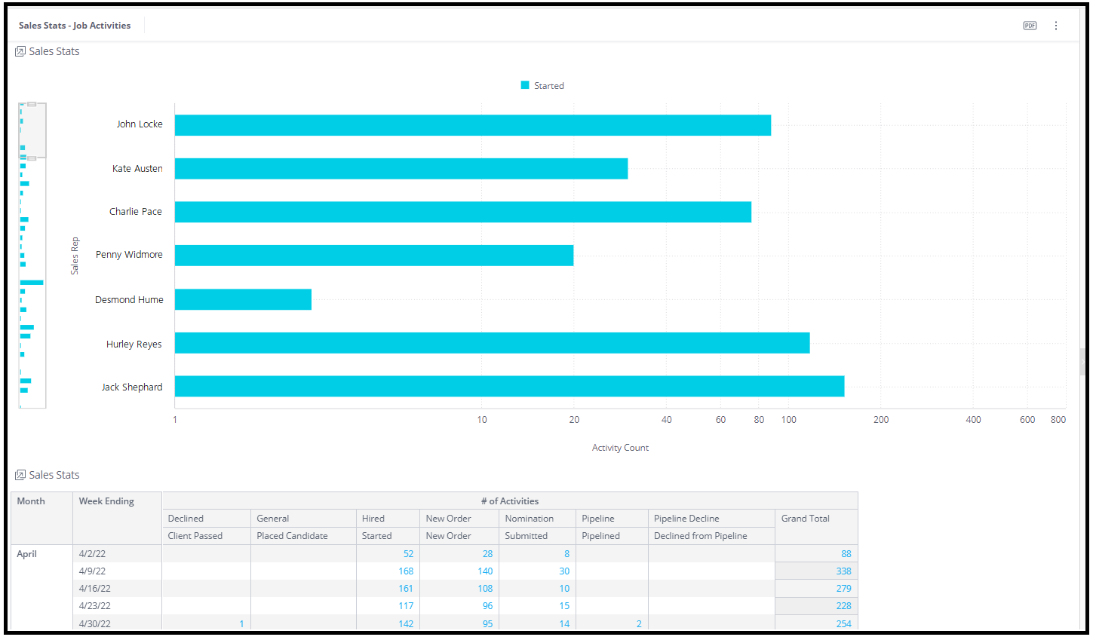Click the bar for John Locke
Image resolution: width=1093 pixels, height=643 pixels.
[473, 125]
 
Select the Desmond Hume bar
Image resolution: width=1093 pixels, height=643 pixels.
[243, 299]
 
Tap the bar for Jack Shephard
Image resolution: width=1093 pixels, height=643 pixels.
[509, 386]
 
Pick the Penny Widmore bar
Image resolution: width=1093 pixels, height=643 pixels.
[374, 256]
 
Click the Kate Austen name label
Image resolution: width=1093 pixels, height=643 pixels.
[137, 169]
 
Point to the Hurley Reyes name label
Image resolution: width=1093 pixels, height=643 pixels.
[134, 344]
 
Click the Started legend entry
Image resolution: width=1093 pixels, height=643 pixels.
[542, 86]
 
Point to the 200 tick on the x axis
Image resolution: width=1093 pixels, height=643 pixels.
[881, 420]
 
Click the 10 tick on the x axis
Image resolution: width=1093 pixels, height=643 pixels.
[481, 420]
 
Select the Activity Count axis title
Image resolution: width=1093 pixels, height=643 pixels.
[620, 448]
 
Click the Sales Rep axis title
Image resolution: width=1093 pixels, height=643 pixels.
[75, 256]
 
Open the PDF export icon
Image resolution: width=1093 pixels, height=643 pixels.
[1030, 26]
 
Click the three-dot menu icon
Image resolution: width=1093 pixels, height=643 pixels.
[1056, 26]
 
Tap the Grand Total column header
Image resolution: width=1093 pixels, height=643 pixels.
[805, 518]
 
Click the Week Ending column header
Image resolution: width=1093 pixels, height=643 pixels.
[106, 501]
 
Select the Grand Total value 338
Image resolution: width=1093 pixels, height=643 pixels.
[843, 571]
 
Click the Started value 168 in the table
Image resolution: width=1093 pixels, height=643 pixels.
[406, 571]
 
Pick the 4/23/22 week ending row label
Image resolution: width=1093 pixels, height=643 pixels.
[94, 606]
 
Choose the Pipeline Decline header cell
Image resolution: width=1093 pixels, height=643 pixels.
[686, 518]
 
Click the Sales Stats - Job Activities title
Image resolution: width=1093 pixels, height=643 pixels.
[75, 26]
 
